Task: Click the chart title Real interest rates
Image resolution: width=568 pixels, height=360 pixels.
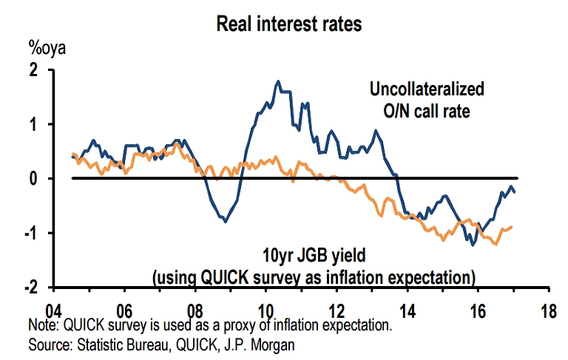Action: point(288,24)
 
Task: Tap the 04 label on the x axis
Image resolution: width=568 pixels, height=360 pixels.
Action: point(54,310)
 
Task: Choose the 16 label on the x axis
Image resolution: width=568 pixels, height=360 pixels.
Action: point(478,310)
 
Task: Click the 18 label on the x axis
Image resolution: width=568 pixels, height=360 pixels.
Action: point(548,310)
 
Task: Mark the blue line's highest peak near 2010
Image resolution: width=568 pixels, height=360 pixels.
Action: point(277,81)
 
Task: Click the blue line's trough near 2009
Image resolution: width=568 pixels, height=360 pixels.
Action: point(225,220)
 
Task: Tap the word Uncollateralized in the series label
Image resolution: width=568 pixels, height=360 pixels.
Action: point(427,90)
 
